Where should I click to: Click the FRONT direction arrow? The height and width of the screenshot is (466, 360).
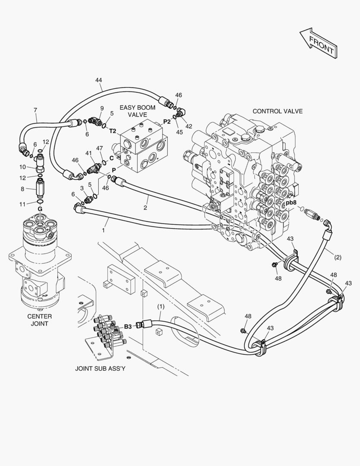tap(319, 43)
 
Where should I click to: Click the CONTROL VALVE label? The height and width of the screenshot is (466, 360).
tap(277, 111)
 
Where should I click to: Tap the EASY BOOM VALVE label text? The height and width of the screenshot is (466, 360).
tap(137, 111)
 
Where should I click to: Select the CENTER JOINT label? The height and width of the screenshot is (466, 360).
tap(40, 320)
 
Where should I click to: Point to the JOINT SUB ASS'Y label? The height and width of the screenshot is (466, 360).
tap(100, 368)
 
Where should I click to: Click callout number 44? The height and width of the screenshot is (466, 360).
tap(99, 80)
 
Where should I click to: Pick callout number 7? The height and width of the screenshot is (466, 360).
tap(35, 110)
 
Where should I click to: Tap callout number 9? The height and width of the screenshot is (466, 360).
tap(102, 108)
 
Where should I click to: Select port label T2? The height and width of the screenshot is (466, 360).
tap(113, 131)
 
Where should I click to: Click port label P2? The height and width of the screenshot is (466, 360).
tap(167, 121)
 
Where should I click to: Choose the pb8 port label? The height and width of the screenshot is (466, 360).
tap(291, 203)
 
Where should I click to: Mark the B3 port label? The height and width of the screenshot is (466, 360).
tap(128, 327)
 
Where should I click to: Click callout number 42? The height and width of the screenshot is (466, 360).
tap(188, 126)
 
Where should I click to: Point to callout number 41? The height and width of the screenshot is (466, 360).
tap(88, 153)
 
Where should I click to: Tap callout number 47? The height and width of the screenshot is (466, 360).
tap(100, 148)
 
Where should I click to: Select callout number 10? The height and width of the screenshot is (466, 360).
tap(23, 167)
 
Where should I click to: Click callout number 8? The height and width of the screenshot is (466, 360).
tap(22, 189)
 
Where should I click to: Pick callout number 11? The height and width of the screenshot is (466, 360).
tap(22, 204)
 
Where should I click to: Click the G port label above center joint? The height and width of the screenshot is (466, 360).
tap(40, 209)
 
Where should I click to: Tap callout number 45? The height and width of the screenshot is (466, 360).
tap(179, 132)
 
